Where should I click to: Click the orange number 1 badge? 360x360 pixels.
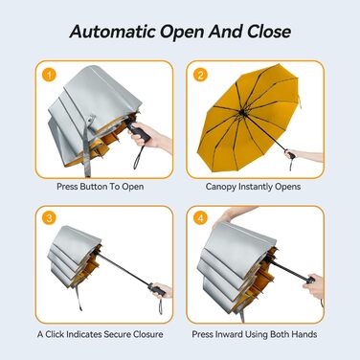click(x=49, y=76)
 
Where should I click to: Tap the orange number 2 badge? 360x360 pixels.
click(x=200, y=75)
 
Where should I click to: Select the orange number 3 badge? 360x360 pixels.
click(x=49, y=218)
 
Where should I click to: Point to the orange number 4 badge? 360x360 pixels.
click(x=200, y=218)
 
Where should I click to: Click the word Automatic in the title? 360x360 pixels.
click(x=113, y=32)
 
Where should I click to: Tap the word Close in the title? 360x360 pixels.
click(x=269, y=32)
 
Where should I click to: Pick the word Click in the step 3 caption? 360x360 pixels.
click(x=55, y=334)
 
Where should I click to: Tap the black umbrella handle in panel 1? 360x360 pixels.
click(x=138, y=130)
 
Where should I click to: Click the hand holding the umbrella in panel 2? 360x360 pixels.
click(x=291, y=154)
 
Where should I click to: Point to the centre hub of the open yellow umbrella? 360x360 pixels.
click(x=242, y=112)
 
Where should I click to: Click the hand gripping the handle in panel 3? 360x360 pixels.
click(x=164, y=291)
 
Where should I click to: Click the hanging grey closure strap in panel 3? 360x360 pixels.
click(x=79, y=298)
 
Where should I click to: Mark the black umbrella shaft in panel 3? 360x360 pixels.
click(x=123, y=269)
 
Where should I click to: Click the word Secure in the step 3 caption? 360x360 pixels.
click(x=117, y=334)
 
